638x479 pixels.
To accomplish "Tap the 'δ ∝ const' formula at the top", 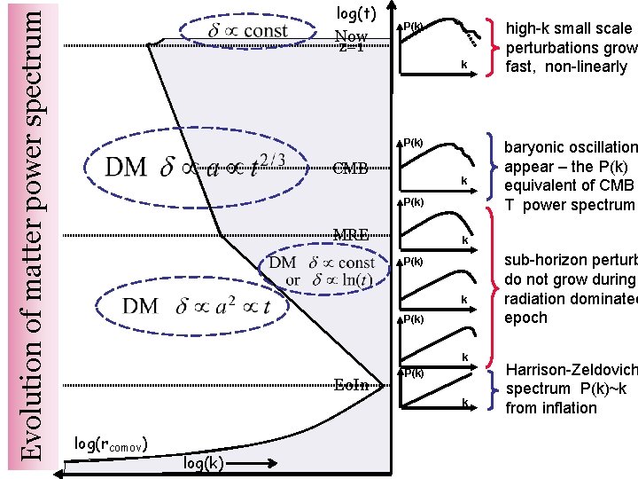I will coord(246,31).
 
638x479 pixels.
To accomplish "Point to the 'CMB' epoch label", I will coord(350,169).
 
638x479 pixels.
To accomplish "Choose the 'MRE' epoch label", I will coord(350,235).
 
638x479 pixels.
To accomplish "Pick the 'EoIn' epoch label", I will coord(352,384).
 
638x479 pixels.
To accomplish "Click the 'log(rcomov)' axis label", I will coord(111,443).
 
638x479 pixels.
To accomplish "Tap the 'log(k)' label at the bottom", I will coord(203,463).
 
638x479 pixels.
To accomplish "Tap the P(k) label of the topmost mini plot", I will coord(413,26).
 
